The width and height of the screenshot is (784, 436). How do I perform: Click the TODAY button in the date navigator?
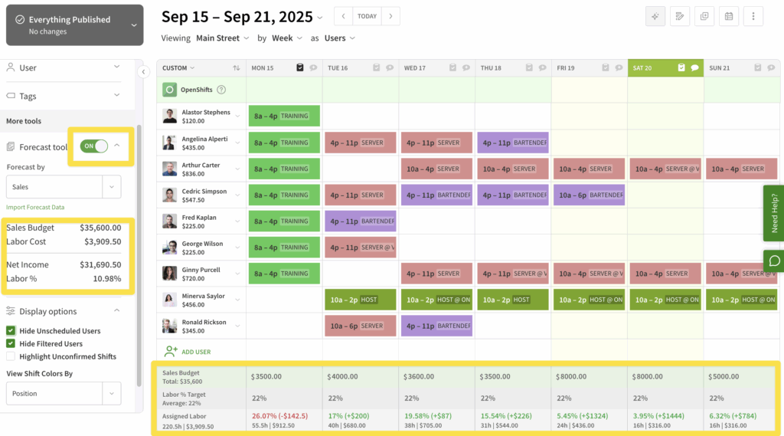(367, 16)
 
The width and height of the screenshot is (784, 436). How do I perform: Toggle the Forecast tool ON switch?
(94, 146)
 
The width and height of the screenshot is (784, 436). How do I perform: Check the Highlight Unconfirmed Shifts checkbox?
(11, 356)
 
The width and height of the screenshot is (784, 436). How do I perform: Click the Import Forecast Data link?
(35, 207)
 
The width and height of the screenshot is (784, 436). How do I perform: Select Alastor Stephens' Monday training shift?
(282, 116)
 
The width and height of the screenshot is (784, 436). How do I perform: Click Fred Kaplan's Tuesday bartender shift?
(360, 221)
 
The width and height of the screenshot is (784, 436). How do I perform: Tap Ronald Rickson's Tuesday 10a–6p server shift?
(360, 326)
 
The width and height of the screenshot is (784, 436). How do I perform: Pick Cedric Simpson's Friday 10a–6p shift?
(588, 195)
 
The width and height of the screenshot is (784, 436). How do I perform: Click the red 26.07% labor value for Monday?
(279, 416)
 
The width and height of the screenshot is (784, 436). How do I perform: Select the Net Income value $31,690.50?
(100, 264)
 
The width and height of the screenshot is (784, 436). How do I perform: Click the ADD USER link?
(195, 352)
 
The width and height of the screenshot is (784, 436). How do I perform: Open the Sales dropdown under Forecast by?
(63, 186)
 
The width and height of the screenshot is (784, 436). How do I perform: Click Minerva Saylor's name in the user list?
(203, 296)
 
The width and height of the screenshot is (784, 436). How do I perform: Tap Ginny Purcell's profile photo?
(169, 274)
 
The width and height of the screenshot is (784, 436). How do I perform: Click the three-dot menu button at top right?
(753, 16)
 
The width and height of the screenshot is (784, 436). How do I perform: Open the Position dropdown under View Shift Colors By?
(63, 393)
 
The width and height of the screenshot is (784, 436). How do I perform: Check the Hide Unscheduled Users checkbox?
(11, 331)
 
